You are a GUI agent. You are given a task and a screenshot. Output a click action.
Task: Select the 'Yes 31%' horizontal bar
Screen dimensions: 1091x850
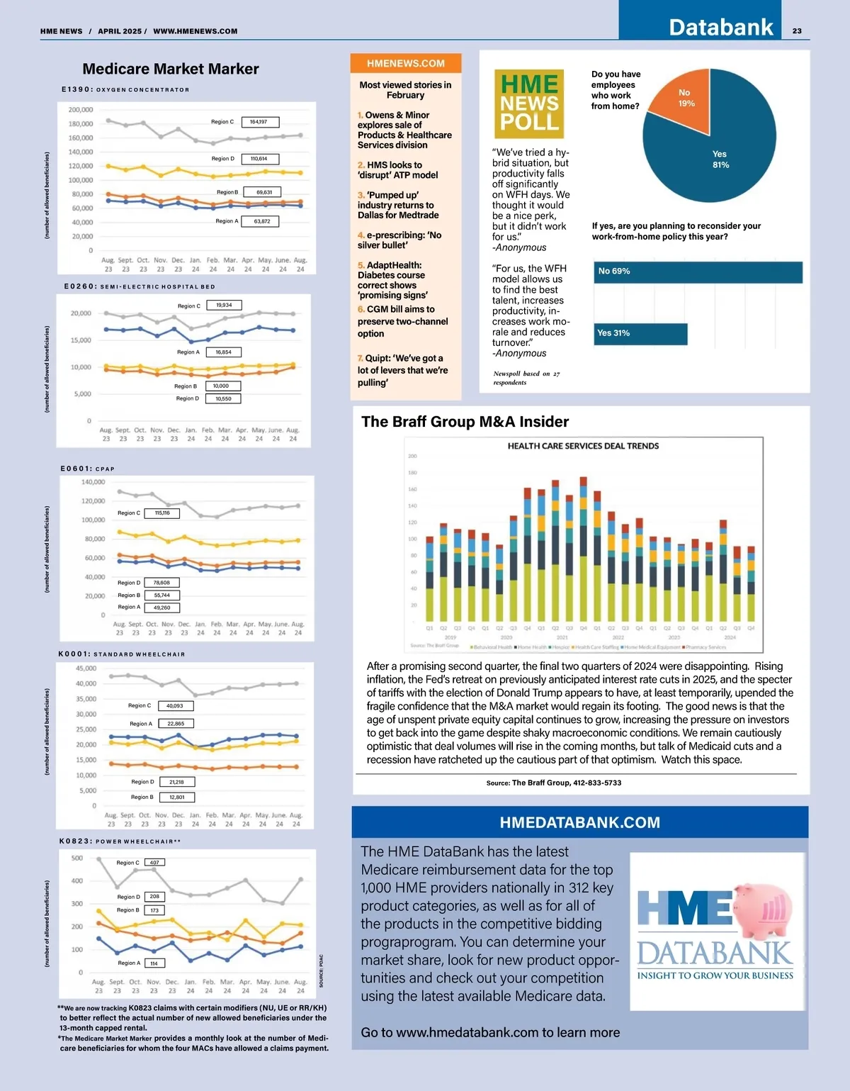coord(640,333)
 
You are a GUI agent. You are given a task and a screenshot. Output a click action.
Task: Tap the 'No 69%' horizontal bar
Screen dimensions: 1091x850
coord(697,272)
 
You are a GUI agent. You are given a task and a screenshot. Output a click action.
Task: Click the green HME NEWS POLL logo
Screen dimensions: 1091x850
coord(529,103)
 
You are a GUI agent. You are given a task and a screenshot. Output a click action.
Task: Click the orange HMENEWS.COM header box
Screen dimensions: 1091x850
coord(406,63)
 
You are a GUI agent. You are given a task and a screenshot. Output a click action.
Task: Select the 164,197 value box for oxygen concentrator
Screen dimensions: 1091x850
coord(259,122)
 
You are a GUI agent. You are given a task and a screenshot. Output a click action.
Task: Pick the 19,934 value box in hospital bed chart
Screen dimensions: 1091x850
coord(224,305)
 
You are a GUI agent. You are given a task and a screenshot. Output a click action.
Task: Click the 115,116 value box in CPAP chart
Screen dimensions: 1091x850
coord(162,513)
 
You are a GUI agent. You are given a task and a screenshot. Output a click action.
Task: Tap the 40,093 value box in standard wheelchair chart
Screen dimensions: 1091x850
coord(175,705)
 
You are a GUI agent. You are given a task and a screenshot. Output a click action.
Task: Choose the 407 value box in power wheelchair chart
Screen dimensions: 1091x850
coord(154,862)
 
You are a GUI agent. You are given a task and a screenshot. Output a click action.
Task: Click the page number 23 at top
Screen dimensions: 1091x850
coord(797,30)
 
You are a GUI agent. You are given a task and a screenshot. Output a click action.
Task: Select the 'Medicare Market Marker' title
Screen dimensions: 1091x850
coord(171,69)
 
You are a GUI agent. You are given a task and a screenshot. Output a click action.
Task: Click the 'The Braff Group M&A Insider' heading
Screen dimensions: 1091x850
coord(465,422)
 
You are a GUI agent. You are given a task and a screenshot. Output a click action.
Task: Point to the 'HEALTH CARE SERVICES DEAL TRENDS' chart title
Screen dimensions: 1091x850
coord(583,446)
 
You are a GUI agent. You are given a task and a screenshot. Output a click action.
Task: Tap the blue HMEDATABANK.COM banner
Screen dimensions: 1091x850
coord(579,822)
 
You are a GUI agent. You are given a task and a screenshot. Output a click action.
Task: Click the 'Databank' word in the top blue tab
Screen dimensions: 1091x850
coord(720,27)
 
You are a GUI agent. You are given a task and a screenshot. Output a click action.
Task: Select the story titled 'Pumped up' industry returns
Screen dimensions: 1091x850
coord(397,205)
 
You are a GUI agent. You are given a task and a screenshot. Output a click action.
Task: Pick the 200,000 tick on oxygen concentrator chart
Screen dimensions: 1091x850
coord(81,110)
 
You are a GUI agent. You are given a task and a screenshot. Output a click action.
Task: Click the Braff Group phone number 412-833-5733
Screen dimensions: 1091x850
coord(586,783)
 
